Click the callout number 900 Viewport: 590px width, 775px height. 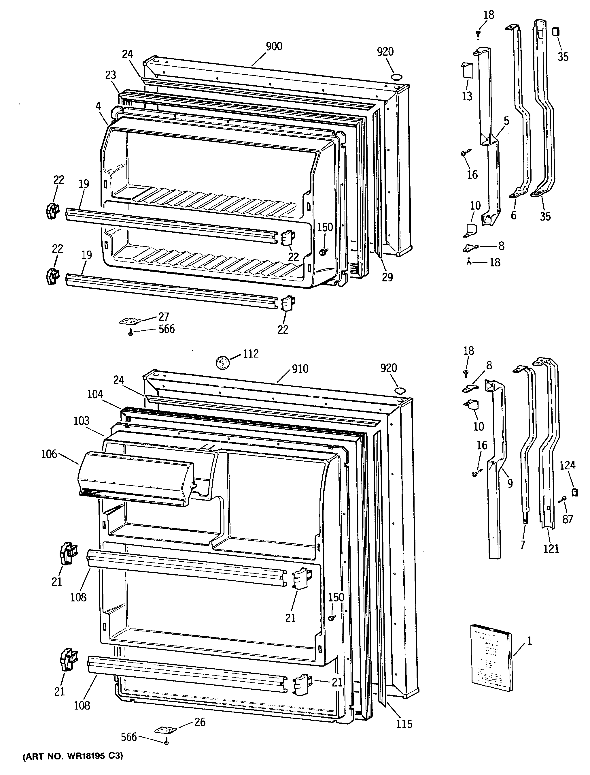pos(274,46)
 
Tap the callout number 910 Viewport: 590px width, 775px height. pos(300,369)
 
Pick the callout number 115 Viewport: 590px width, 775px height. pos(404,724)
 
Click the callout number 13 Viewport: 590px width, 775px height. pos(467,96)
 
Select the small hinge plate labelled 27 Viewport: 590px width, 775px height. pos(130,321)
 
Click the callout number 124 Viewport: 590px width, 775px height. pos(568,465)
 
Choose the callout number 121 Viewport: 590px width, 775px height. pos(551,548)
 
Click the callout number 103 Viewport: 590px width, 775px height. pos(82,421)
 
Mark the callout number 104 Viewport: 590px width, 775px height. pos(95,395)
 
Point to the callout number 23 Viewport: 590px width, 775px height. pos(110,75)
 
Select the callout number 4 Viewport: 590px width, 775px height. pos(98,106)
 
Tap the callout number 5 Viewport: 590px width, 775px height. pos(506,121)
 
